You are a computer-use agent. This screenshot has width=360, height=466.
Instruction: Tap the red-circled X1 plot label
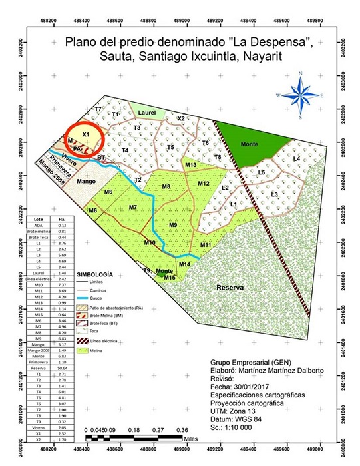pyautogui.click(x=85, y=134)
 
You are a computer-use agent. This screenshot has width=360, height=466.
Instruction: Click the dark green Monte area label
pyautogui.click(x=249, y=144)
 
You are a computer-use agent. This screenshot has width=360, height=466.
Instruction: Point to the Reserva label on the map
pyautogui.click(x=230, y=288)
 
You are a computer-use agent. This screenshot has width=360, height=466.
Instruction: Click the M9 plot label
pyautogui.click(x=173, y=226)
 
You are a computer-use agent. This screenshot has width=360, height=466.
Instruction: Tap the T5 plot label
pyautogui.click(x=170, y=147)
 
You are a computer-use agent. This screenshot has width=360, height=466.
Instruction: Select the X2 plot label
pyautogui.click(x=180, y=118)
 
